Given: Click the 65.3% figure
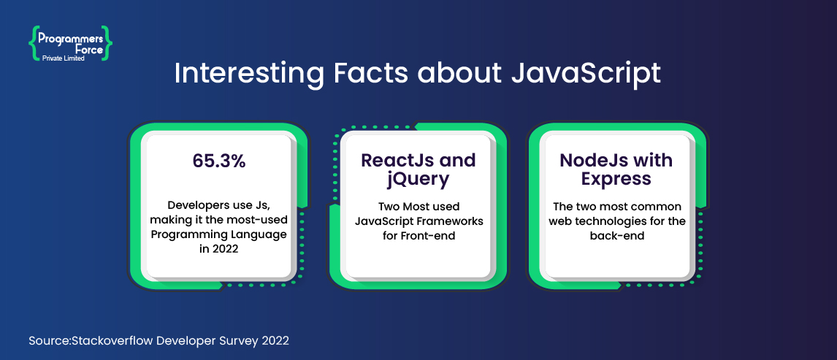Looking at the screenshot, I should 219,161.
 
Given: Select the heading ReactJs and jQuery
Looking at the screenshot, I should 418,169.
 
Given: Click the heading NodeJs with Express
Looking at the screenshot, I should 616,169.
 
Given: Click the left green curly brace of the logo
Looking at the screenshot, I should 33,42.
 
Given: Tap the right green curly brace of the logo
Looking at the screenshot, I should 108,42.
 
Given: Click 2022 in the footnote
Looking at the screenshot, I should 275,340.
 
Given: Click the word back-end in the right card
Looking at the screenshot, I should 616,236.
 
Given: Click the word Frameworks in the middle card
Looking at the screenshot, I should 452,221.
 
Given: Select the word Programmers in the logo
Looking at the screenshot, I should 71,37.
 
